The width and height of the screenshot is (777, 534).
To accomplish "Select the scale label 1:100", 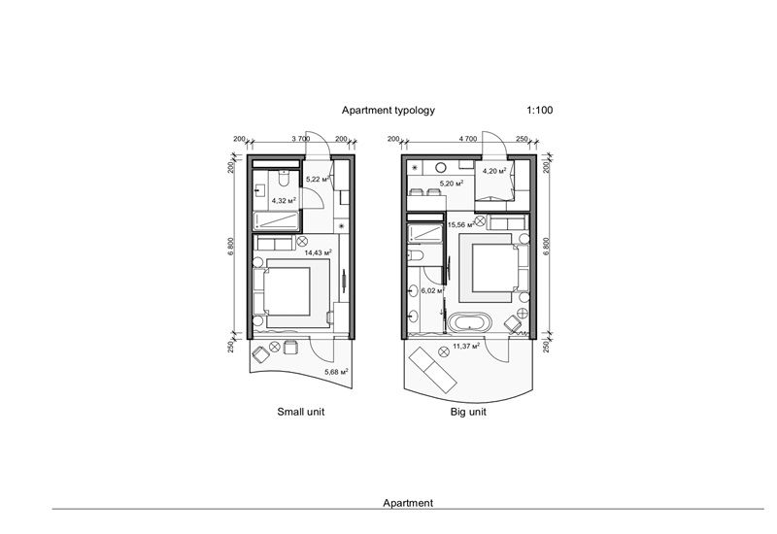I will click(540, 112).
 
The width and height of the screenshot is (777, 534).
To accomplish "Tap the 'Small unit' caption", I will click(301, 412).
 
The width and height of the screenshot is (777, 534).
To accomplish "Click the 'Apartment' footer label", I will click(408, 503).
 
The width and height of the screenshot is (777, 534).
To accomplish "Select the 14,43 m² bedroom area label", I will click(318, 252).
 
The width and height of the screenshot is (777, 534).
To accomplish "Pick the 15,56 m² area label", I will click(461, 225).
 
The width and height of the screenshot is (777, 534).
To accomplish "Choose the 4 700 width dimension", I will click(466, 139).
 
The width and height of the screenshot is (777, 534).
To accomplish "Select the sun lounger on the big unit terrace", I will click(432, 366).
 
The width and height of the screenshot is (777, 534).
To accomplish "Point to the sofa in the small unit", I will click(276, 242).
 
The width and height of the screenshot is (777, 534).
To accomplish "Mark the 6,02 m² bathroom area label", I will click(431, 289).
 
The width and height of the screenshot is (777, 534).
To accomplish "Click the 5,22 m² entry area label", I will click(319, 180).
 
